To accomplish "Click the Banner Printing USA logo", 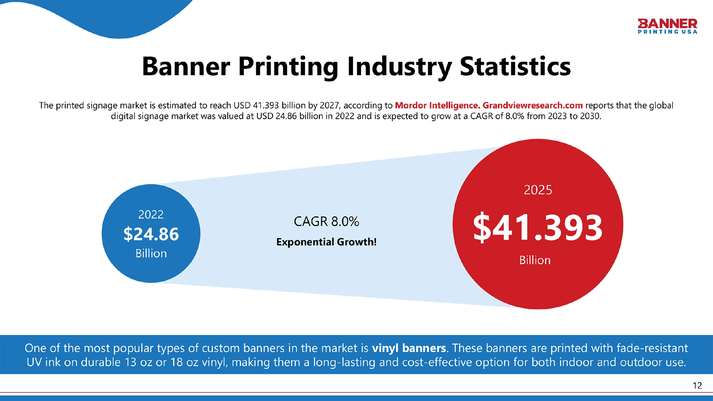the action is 667,26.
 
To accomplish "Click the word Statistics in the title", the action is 515,66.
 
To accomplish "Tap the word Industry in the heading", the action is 399,67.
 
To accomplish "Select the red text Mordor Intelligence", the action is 437,105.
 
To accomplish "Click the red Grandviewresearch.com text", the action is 533,105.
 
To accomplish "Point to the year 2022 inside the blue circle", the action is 151,214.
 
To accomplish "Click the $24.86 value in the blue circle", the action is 151,234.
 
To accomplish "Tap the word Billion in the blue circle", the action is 151,253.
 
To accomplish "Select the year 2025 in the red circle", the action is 538,190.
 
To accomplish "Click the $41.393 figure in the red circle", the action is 538,227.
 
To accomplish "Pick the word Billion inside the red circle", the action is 535,260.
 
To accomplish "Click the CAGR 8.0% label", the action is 326,221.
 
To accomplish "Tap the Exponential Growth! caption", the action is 326,242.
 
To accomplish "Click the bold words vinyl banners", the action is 409,348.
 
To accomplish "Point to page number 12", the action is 697,386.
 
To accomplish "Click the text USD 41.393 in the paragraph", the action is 256,105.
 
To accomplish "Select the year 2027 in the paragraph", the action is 329,105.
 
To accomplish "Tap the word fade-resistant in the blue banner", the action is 652,348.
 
